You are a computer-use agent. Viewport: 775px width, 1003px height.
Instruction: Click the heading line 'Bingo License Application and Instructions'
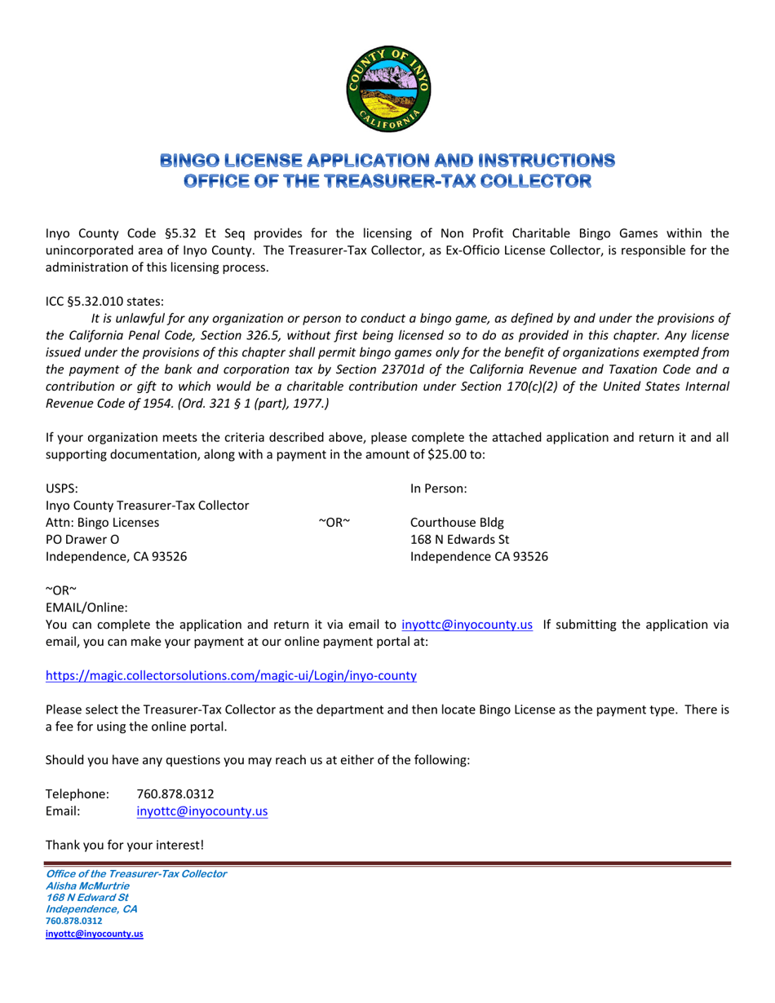click(387, 160)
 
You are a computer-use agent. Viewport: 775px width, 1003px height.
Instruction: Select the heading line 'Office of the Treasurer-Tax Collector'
click(387, 179)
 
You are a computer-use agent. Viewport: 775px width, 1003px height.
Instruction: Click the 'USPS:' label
click(62, 488)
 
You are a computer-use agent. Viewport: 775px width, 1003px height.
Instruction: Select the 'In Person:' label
click(438, 488)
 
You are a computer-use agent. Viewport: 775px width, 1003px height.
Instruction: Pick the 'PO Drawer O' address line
click(82, 539)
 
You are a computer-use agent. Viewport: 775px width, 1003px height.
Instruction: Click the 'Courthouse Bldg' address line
click(456, 522)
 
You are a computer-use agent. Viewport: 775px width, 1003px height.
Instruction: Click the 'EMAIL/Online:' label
click(86, 606)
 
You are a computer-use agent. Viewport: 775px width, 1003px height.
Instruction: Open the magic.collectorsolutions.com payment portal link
click(231, 675)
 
